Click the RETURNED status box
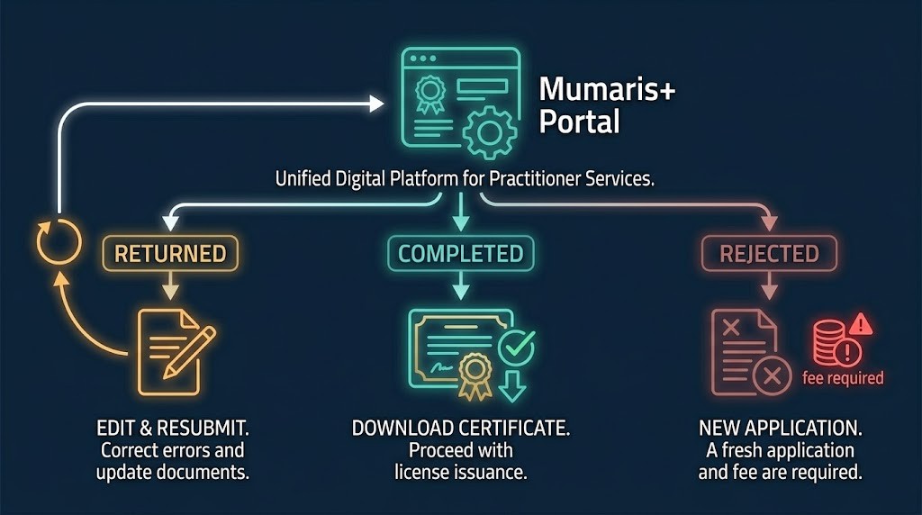pyautogui.click(x=170, y=254)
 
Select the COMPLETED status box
pyautogui.click(x=460, y=254)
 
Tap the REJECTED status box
pyautogui.click(x=769, y=254)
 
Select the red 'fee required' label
pyautogui.click(x=843, y=378)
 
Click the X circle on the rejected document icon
pyautogui.click(x=772, y=377)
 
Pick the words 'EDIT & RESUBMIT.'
pyautogui.click(x=172, y=427)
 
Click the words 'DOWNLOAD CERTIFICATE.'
pyautogui.click(x=460, y=427)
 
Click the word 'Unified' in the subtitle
pyautogui.click(x=300, y=179)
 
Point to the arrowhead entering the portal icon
pyautogui.click(x=376, y=105)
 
